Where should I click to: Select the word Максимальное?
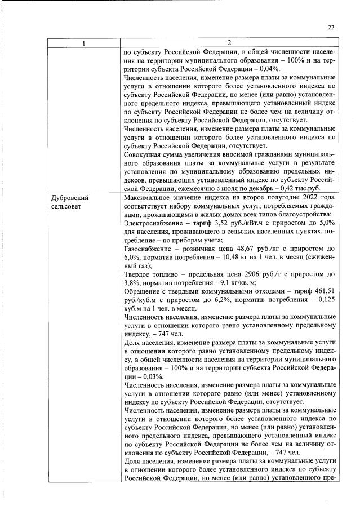coord(149,198)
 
